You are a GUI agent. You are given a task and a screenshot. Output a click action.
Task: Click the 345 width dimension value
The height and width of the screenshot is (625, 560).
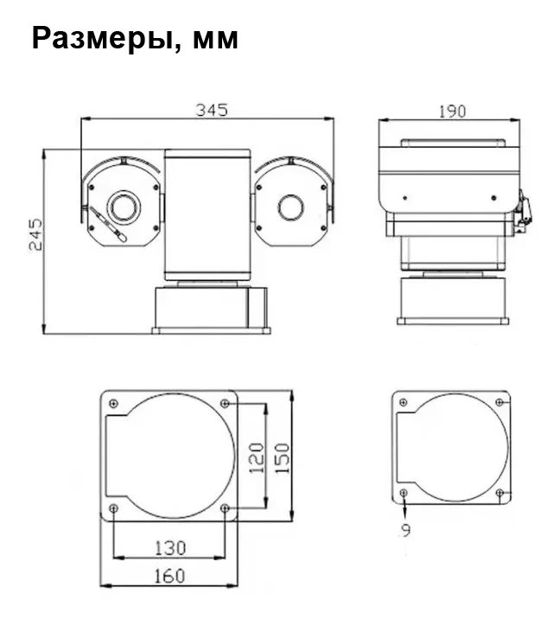212,110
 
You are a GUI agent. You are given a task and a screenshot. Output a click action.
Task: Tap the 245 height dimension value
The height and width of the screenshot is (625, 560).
35,234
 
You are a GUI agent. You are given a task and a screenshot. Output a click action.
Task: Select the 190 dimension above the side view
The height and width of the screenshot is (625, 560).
452,112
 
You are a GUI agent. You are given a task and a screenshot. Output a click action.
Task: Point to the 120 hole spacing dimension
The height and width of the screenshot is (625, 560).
257,457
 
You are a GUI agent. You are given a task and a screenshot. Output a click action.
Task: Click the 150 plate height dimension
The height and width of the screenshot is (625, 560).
283,458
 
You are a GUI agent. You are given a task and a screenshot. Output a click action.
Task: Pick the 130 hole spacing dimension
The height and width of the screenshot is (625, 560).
170,548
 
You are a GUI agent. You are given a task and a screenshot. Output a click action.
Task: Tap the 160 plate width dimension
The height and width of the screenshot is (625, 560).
169,576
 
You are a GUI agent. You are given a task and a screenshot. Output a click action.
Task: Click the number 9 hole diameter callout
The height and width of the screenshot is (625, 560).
406,530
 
